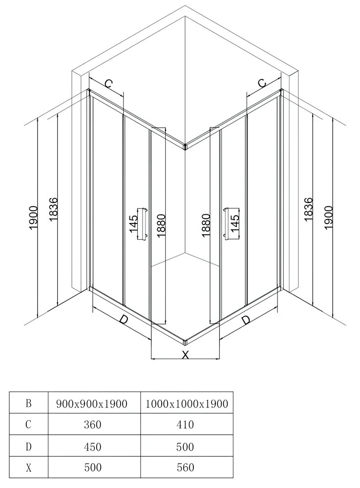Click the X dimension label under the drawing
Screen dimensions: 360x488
185,354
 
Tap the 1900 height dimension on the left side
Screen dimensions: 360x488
33,218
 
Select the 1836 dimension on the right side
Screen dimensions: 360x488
308,209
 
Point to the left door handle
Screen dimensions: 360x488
144,224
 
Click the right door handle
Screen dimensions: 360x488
226,224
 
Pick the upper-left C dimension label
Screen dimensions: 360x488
108,83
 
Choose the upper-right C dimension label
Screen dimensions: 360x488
262,83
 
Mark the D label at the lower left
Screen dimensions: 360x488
124,320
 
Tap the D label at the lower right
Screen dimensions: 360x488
246,320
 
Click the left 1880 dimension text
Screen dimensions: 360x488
161,226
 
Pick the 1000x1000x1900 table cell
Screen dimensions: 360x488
187,404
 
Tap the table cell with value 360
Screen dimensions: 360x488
93,425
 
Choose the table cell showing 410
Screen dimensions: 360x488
185,425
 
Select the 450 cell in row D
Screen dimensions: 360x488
93,447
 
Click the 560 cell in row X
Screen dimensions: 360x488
185,467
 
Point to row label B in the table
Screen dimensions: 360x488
29,404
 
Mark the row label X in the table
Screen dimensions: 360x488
29,468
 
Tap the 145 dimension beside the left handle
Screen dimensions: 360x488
133,224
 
